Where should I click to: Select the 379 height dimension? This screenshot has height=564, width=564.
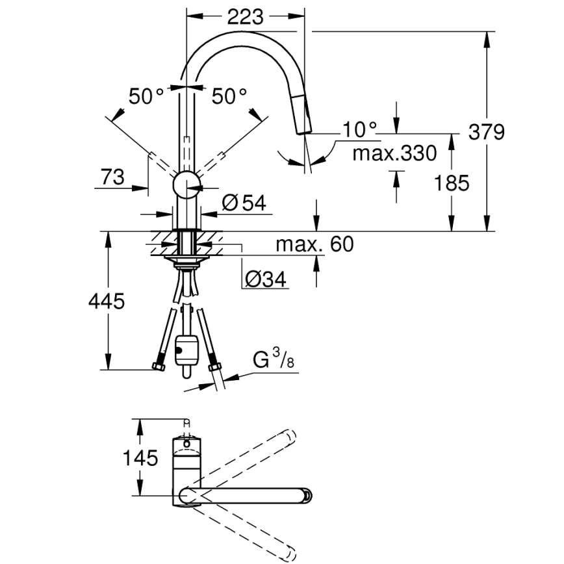tap(486, 132)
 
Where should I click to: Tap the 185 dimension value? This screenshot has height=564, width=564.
tap(452, 183)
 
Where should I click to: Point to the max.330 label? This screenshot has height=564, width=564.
tap(394, 154)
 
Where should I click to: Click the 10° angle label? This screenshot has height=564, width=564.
tap(360, 130)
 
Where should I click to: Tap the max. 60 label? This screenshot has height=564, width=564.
tap(314, 244)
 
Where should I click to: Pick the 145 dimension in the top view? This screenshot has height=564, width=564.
tap(140, 458)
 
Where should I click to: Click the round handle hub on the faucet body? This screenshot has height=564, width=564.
tap(186, 185)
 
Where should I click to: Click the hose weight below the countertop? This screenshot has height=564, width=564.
tap(187, 352)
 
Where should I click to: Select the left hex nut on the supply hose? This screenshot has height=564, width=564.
tap(158, 367)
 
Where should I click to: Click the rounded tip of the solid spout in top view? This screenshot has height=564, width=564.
tap(307, 496)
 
